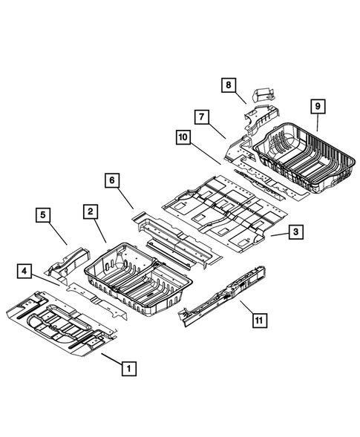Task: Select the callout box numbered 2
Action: point(89,211)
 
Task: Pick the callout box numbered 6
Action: point(111,180)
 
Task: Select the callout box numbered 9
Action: point(317,107)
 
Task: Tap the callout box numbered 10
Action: point(183,137)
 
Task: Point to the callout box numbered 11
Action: point(258,321)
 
